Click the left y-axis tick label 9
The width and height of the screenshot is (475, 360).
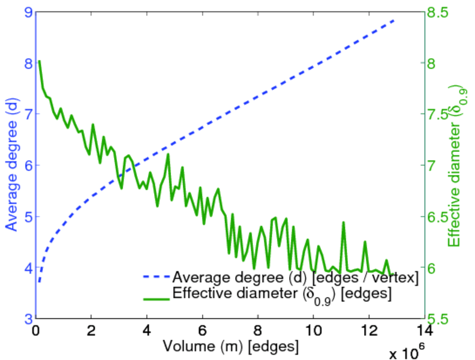(x=28, y=11)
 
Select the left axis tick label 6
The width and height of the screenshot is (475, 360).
(x=28, y=165)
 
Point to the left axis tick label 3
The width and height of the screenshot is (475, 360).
(x=28, y=319)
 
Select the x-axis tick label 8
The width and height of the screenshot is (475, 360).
(x=258, y=331)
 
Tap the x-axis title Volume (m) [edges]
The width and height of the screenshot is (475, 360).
(x=230, y=346)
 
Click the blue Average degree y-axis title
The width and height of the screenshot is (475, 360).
(x=12, y=165)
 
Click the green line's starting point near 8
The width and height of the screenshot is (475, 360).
(x=39, y=61)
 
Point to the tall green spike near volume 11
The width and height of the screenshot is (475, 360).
(x=344, y=223)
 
